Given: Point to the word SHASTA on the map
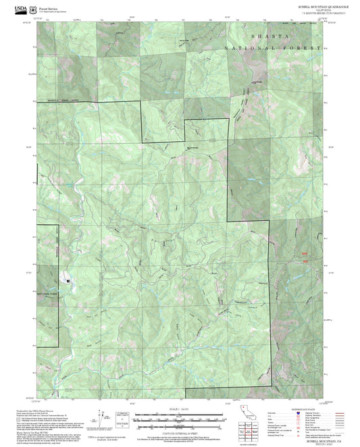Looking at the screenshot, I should [269, 36].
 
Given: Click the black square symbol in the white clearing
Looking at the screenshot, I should [68, 278].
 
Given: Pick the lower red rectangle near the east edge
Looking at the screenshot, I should [305, 261].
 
